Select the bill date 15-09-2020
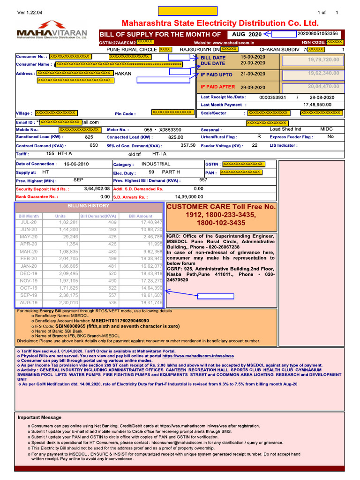pos(253,57)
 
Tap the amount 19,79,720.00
pos(323,60)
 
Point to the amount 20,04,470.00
pos(323,87)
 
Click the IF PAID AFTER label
pos(217,87)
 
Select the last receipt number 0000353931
pos(272,97)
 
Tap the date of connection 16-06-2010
pos(76,164)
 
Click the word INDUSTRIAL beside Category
pos(156,164)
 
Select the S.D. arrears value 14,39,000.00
pos(189,197)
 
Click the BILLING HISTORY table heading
pos(89,206)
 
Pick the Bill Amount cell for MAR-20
pos(153,252)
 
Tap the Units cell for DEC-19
pos(69,273)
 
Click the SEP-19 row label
pos(28,295)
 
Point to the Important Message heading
pos(39,417)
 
